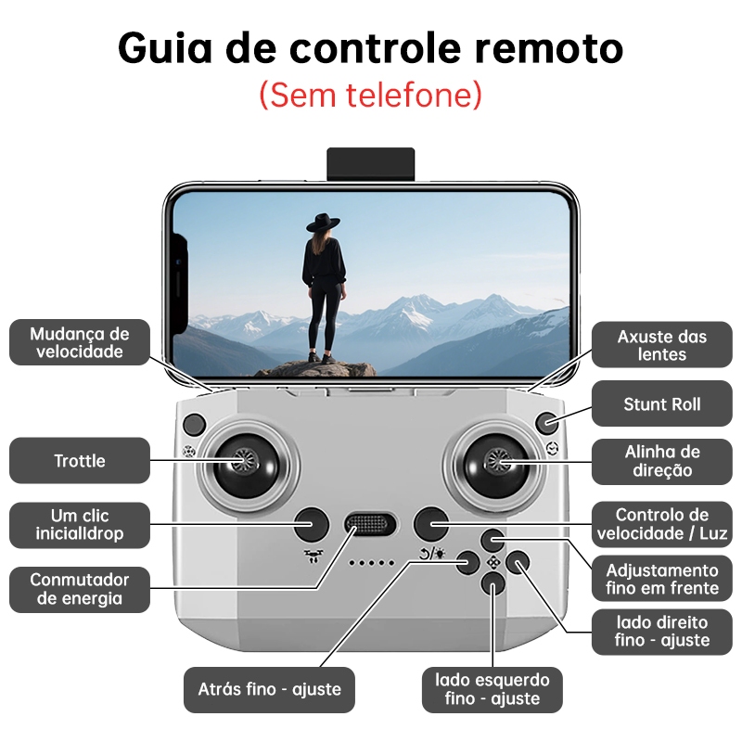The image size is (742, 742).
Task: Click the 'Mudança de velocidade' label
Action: click(79, 343)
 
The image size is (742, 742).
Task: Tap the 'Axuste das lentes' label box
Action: click(662, 345)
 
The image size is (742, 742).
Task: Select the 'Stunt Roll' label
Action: click(662, 404)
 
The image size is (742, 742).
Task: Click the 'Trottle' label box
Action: click(79, 461)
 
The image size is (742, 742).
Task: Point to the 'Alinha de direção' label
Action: click(662, 461)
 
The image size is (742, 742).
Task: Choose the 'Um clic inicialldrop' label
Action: click(79, 525)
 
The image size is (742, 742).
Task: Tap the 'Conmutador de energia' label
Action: click(79, 589)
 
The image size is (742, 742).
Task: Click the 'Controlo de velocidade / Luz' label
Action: click(662, 525)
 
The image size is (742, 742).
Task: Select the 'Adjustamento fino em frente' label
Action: click(662, 579)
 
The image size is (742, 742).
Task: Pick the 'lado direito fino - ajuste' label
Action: click(662, 631)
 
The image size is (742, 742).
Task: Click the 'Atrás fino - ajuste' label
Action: click(269, 689)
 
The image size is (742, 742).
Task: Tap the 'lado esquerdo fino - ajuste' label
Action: click(493, 689)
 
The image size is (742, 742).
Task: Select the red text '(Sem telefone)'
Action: click(371, 94)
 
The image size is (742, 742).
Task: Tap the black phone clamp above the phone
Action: click(370, 165)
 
